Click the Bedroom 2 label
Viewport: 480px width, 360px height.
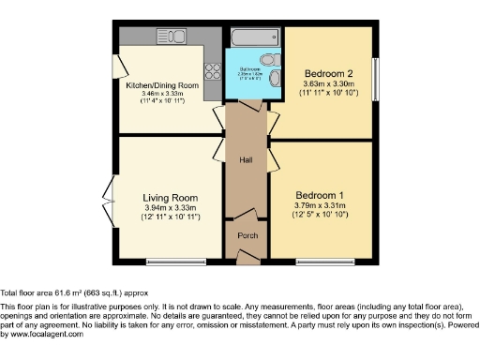pos(327,73)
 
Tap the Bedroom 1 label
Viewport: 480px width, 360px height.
pos(321,194)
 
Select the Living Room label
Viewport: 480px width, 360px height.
pos(170,198)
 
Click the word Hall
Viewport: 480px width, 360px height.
pos(246,160)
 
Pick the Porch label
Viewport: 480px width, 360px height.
pos(247,235)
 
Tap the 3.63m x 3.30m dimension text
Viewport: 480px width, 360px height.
pos(327,84)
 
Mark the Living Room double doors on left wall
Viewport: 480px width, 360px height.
pos(111,201)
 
